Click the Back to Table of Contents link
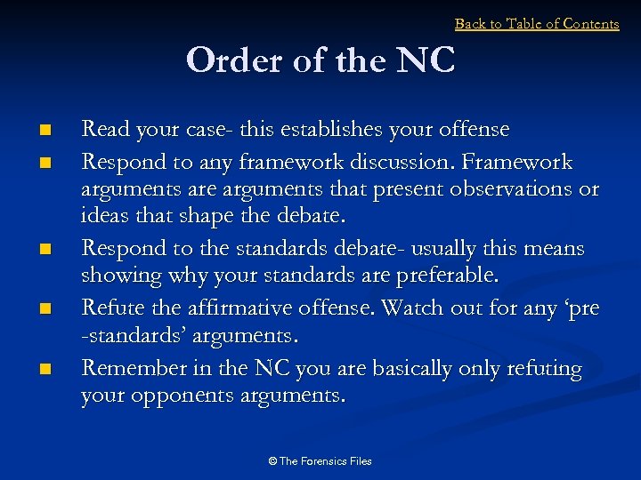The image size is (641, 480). (537, 24)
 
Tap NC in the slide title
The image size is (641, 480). (426, 61)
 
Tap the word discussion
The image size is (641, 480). (390, 163)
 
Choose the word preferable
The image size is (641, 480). (437, 276)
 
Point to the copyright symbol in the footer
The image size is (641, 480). (272, 461)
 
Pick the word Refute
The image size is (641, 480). (110, 308)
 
